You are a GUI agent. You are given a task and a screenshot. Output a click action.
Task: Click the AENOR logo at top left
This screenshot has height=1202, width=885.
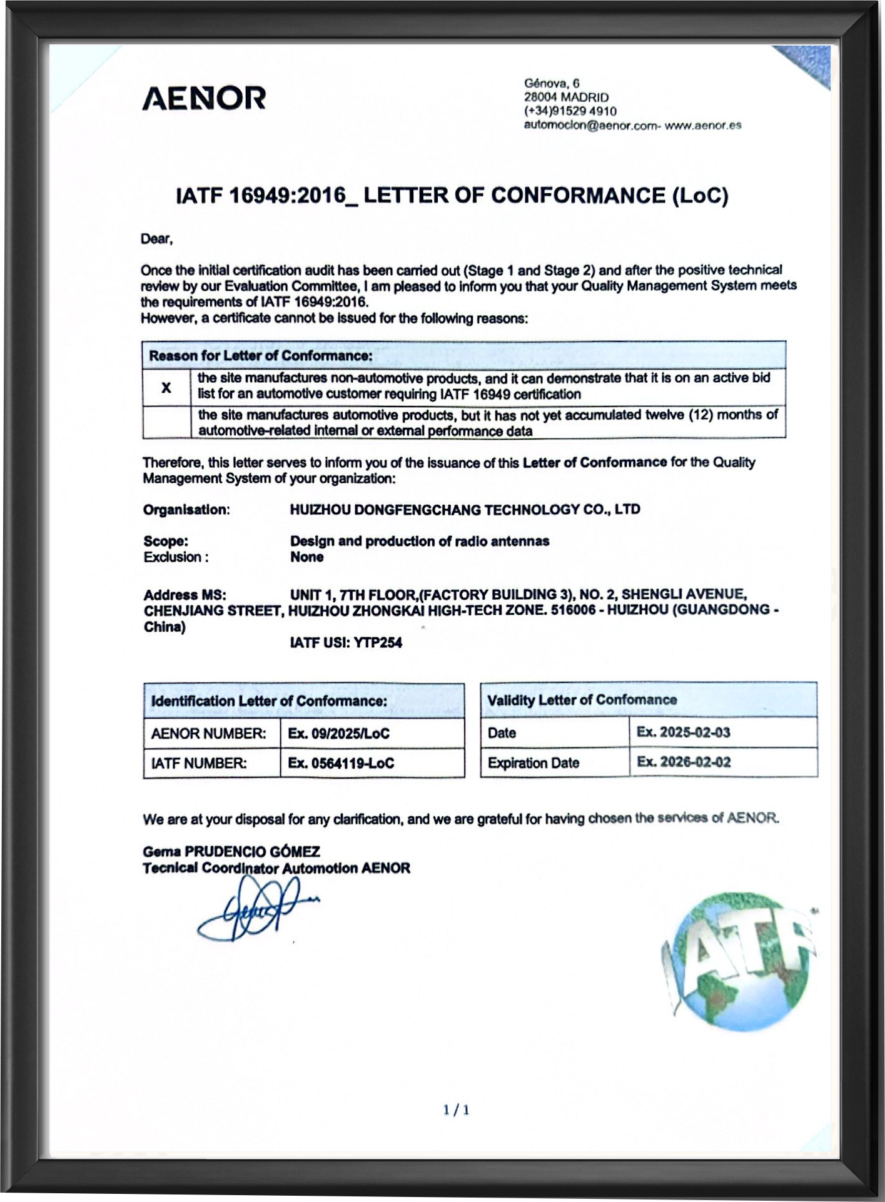[204, 98]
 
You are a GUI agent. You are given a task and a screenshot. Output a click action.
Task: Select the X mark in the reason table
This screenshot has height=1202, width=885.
[166, 388]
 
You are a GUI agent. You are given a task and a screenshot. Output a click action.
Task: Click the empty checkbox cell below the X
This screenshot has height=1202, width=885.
[166, 422]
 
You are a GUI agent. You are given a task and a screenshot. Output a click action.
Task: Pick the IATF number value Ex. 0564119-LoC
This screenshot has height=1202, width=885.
[341, 763]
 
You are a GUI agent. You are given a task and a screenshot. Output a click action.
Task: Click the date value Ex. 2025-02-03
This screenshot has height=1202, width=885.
[683, 732]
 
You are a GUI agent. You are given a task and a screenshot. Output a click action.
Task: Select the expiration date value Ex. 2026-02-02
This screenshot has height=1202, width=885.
[683, 762]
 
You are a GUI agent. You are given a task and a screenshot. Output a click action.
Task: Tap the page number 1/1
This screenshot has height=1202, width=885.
[456, 1110]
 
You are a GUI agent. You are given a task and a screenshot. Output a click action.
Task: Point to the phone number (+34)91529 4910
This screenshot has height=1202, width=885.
[570, 111]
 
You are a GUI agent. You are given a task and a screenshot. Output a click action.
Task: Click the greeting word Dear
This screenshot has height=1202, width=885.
[156, 239]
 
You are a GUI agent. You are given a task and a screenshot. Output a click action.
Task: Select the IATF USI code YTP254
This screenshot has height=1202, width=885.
[378, 642]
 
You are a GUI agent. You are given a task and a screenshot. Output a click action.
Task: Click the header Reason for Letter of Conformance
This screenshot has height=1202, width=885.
[260, 356]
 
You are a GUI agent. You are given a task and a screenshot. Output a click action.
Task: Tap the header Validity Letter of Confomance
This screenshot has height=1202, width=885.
[582, 700]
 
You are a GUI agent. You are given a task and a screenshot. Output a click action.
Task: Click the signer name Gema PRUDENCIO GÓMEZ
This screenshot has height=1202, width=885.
[231, 851]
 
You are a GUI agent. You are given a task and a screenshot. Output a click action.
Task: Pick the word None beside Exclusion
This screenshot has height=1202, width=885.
[306, 557]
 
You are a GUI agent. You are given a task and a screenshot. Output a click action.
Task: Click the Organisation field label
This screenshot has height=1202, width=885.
[186, 510]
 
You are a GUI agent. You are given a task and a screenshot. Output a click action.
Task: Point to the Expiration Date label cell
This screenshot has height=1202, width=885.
[534, 763]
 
